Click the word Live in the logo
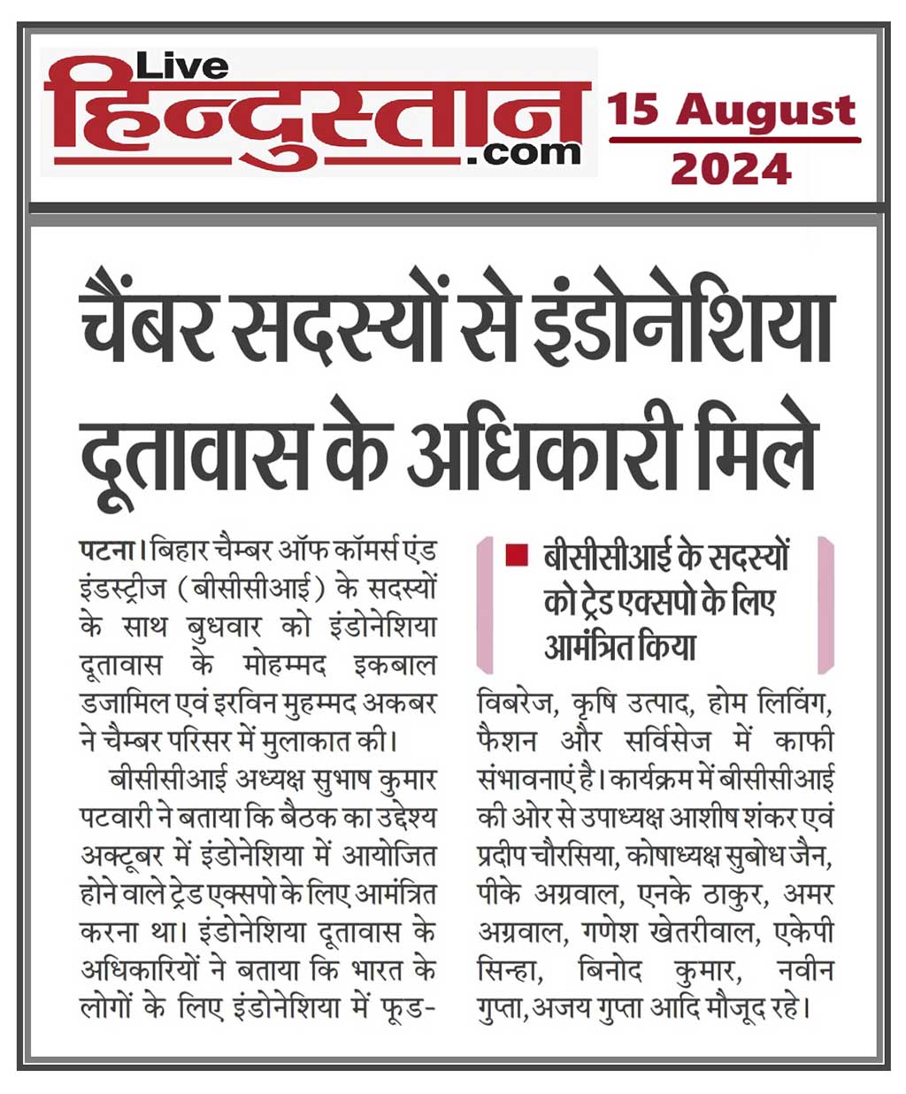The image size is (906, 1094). click(182, 65)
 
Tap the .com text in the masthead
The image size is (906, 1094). click(529, 153)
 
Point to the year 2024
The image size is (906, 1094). click(730, 167)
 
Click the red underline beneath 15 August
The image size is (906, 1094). click(733, 140)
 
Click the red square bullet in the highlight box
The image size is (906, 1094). click(511, 557)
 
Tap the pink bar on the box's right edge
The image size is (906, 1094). click(825, 605)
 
